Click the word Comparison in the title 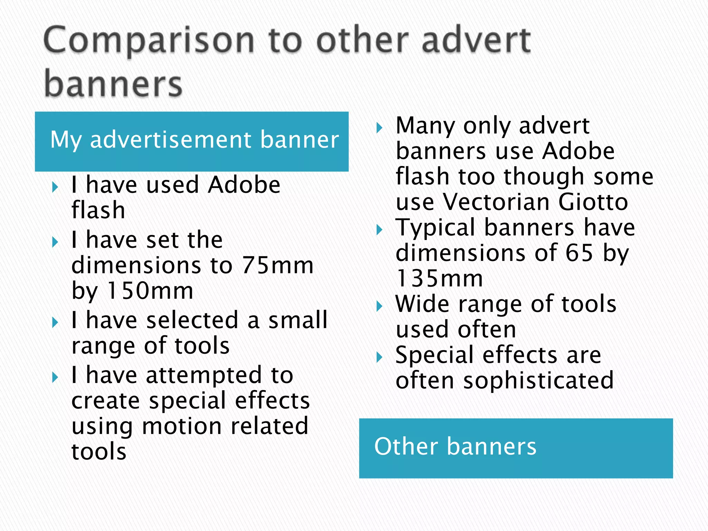149,41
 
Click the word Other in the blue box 406,446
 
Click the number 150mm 150,291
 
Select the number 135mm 439,278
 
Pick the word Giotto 593,202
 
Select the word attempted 204,375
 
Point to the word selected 192,320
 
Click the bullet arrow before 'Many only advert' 379,128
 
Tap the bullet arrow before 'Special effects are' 379,357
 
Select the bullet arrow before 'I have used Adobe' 55,188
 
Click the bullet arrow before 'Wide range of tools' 379,306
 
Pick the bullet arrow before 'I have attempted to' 55,378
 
